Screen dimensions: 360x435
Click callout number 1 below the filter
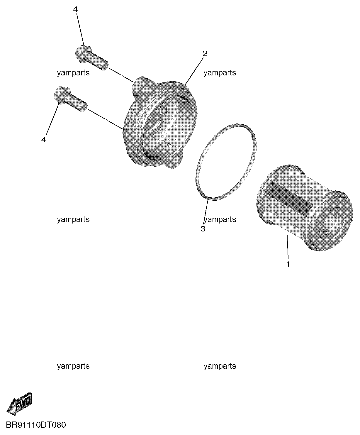pos(288,264)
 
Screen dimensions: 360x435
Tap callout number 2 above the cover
pos(205,54)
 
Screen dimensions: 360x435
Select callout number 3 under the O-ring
pos(203,229)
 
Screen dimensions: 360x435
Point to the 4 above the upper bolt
pos(75,9)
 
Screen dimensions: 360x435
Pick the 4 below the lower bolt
pos(43,140)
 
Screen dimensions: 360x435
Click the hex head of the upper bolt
pos(84,54)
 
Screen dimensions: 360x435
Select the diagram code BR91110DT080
pos(36,425)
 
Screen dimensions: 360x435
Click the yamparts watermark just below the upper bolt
pos(73,73)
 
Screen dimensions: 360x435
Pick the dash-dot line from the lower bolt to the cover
pos(106,119)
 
